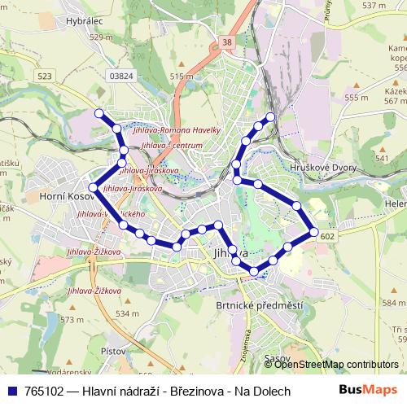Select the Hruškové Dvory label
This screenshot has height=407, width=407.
click(328, 167)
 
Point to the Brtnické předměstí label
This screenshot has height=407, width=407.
click(248, 305)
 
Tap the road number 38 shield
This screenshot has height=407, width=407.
click(226, 41)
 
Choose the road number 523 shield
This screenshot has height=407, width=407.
click(44, 76)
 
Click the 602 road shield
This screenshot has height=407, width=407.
click(327, 236)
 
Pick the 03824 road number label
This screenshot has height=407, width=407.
click(120, 76)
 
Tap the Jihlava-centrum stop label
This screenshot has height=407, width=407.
click(172, 145)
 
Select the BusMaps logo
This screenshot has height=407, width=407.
click(369, 391)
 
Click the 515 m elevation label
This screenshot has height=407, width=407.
click(182, 77)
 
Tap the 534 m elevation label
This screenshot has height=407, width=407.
click(127, 313)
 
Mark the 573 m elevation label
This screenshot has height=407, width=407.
click(72, 320)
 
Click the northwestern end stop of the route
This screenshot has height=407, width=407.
click(99, 113)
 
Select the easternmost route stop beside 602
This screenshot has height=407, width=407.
click(313, 233)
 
